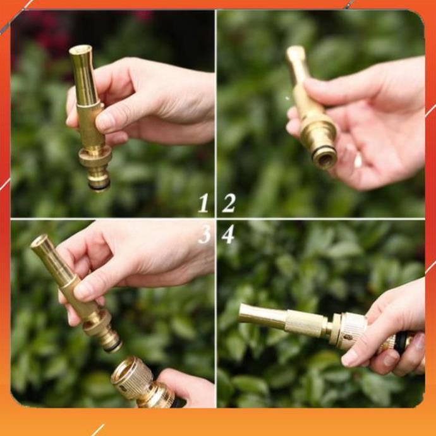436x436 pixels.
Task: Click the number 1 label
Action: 203,203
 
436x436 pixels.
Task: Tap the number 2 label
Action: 229,203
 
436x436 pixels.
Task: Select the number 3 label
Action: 204,234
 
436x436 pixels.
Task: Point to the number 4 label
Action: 228,234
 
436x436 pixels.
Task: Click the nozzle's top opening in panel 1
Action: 80,49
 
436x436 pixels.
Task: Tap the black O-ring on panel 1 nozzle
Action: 99,185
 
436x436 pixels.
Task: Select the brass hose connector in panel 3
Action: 136,382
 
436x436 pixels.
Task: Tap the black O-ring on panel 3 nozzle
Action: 113,345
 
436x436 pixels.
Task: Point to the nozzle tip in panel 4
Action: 243,313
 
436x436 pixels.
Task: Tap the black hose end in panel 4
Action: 401,342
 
